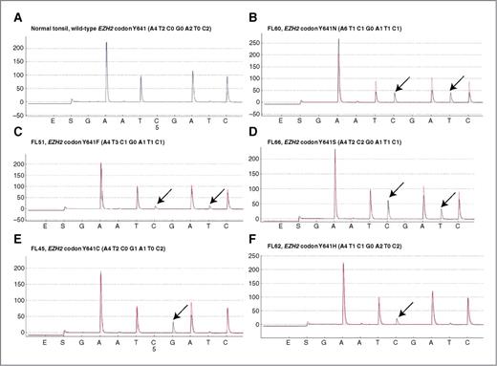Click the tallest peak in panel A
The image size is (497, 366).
pyautogui.click(x=106, y=43)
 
